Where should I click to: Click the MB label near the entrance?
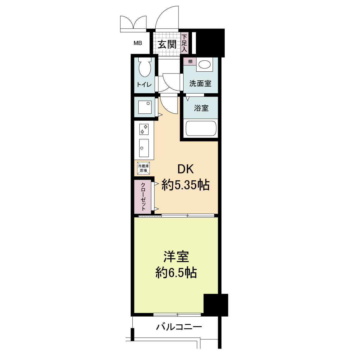pos(138,43)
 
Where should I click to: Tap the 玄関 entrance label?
pos(167,44)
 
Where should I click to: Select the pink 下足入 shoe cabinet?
pos(184,43)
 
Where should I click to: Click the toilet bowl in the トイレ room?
pos(145,67)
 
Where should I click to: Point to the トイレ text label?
pos(144,85)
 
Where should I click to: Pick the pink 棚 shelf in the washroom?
pos(190,61)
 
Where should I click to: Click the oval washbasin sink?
pos(205,64)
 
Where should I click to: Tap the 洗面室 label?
pos(200,83)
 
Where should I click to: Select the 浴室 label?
pos(201,108)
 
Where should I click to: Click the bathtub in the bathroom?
pos(201,128)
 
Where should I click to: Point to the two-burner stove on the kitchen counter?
pos(144,129)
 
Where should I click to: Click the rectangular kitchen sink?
pos(144,148)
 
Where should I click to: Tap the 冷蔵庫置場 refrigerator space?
pos(143,168)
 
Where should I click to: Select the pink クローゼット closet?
pos(143,197)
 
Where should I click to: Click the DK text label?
pos(185,169)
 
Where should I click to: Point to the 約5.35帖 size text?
pos(185,185)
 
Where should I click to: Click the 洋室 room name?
pos(176,257)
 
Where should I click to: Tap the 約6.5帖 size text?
pos(176,273)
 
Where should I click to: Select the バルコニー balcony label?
pos(179,327)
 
